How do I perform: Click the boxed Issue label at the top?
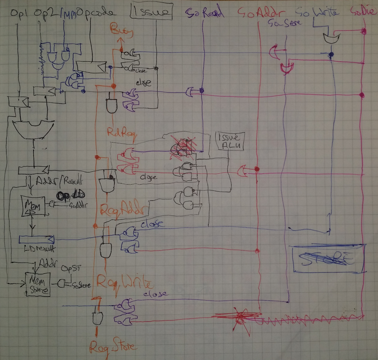point(151,12)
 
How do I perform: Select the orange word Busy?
point(119,32)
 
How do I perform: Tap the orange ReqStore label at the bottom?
point(113,346)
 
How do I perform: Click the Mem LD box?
point(33,205)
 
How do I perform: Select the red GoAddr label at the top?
point(260,13)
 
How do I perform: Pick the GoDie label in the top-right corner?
point(364,13)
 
